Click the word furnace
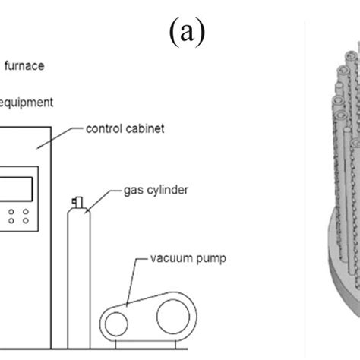point(24,66)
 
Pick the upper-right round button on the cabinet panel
point(26,212)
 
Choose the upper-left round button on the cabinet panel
point(11,212)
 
